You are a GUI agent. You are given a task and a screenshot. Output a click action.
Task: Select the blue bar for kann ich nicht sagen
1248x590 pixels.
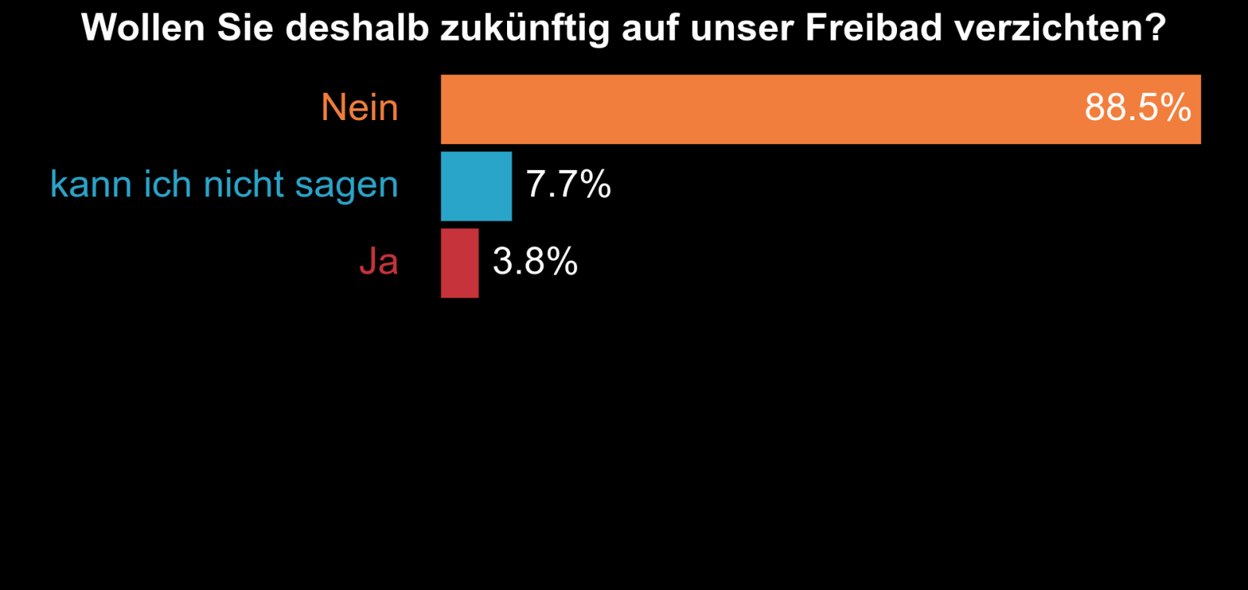tap(476, 186)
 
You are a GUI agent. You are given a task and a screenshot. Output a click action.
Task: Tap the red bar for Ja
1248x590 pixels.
tap(459, 263)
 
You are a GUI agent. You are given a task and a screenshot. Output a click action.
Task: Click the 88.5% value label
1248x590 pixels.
tap(1137, 108)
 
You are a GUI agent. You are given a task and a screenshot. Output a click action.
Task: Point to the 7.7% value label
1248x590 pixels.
tap(568, 185)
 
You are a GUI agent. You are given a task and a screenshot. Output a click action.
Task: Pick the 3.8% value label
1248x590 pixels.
tap(535, 262)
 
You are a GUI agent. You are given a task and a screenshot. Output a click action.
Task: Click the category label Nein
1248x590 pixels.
tap(360, 108)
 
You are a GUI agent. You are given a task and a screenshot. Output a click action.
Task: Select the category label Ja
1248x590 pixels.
tap(378, 262)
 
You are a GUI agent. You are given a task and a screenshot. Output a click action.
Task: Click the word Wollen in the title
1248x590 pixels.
tap(143, 28)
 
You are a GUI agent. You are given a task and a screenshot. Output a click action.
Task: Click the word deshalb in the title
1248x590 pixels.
tap(357, 28)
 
